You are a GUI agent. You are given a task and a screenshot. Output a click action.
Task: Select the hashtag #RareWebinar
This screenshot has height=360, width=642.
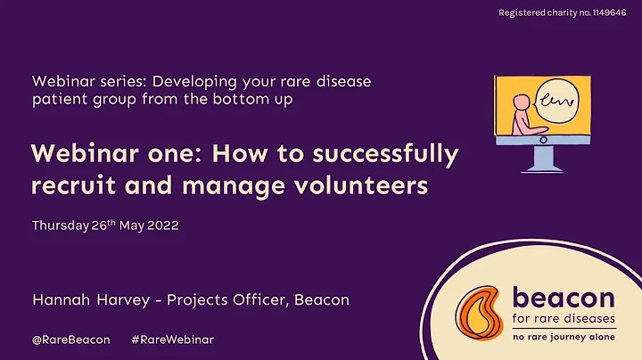click(x=172, y=340)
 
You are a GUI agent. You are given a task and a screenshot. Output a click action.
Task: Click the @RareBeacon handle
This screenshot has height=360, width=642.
click(x=71, y=340)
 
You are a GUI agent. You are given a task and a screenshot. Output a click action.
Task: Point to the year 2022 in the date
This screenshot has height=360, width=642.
click(x=161, y=225)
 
